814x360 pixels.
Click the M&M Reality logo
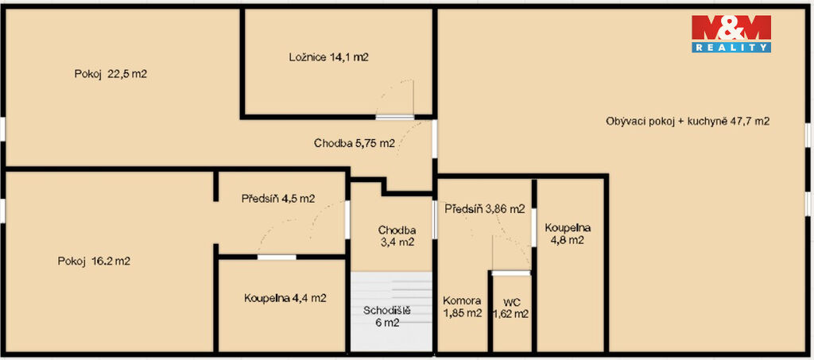click(x=731, y=33)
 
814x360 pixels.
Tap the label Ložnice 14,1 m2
click(x=328, y=57)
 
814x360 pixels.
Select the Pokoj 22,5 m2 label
click(x=110, y=74)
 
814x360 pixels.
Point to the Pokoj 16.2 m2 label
click(x=94, y=261)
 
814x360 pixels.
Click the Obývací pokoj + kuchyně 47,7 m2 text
click(x=688, y=122)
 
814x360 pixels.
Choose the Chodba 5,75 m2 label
click(x=355, y=144)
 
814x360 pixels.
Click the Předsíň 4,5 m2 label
click(x=277, y=198)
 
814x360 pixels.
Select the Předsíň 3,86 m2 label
click(x=485, y=210)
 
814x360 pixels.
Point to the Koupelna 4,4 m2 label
click(x=285, y=298)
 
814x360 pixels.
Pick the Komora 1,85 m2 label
click(x=462, y=307)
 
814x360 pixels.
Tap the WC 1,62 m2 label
click(x=510, y=307)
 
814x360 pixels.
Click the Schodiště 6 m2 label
click(x=387, y=317)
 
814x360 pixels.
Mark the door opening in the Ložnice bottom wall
click(x=394, y=118)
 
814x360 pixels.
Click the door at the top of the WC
click(x=511, y=273)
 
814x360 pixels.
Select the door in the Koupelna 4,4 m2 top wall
click(x=277, y=257)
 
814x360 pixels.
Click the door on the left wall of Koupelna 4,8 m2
click(x=533, y=227)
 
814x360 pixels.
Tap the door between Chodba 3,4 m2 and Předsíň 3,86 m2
click(x=435, y=220)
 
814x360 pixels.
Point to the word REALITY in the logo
click(x=731, y=48)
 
